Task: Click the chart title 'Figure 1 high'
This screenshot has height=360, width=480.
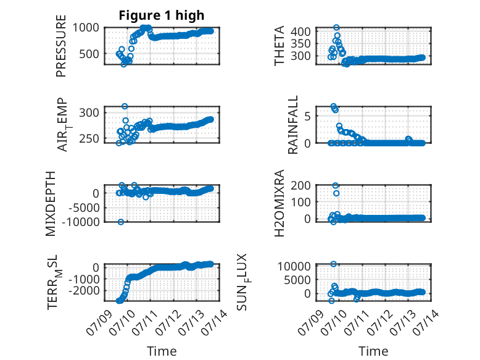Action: pos(161,15)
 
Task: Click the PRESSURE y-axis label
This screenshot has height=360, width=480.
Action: pos(61,46)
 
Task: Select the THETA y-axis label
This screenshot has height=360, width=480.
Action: pos(279,46)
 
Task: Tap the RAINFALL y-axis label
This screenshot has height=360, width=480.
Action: pos(293,125)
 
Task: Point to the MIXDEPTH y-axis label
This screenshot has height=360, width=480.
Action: pos(51,204)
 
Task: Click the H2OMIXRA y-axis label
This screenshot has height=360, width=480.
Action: pos(279,203)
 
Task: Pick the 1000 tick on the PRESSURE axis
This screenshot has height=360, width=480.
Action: pos(86,28)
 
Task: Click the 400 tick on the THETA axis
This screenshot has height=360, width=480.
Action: pos(300,31)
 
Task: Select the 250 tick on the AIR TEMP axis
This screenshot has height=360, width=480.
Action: pos(89,138)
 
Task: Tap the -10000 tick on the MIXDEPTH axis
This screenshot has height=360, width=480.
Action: pos(81,222)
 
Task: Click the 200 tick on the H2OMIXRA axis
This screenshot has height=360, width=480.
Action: pos(300,185)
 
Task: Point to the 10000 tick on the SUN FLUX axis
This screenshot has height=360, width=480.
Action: pos(294,266)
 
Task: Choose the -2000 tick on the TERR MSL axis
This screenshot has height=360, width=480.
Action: pos(84,290)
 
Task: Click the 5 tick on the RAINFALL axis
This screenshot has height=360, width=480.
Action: pos(307,116)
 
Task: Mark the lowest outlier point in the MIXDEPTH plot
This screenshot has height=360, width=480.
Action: pos(121,222)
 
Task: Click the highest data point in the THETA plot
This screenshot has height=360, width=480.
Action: pos(336,28)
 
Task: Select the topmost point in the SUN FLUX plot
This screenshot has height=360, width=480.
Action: pos(334,264)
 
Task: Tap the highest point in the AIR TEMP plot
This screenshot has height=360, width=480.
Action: pos(125,106)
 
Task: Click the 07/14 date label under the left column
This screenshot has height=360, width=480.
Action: pos(214,322)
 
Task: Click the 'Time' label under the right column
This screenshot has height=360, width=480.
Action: pos(373,351)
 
